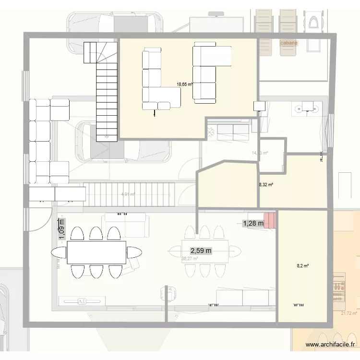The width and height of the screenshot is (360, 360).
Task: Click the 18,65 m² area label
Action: click(x=184, y=84)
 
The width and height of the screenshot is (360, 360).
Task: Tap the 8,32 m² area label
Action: click(x=266, y=184)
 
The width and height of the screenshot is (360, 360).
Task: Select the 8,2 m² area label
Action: click(x=302, y=265)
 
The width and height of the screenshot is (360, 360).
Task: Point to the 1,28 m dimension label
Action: click(x=253, y=223)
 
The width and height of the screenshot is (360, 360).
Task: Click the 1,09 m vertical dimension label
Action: click(x=61, y=229)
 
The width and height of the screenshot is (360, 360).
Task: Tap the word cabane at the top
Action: click(x=289, y=43)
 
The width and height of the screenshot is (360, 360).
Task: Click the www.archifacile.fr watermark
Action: click(x=331, y=344)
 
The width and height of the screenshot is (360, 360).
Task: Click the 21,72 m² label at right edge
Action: click(x=349, y=313)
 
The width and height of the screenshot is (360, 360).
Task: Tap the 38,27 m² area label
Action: click(x=190, y=259)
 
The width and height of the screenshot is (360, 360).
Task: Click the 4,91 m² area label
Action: click(x=129, y=194)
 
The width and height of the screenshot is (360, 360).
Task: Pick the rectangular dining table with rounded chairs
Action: click(x=96, y=252)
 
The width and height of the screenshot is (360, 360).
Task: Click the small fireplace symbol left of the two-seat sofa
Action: click(x=211, y=131)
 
